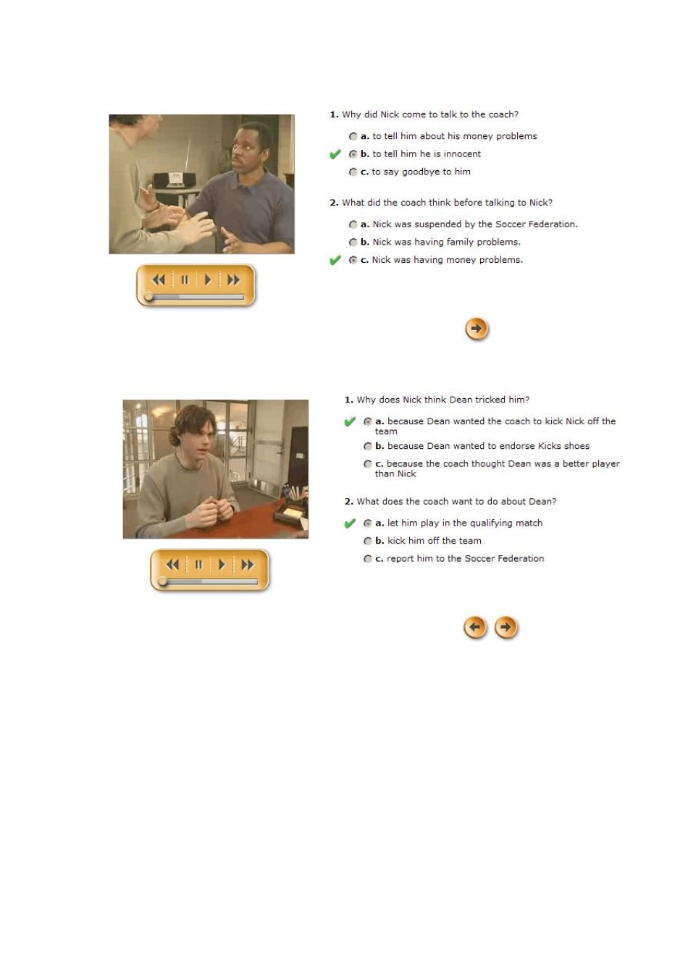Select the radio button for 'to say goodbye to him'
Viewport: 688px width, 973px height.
pos(353,172)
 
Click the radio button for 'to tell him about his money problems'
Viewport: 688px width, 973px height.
pos(353,136)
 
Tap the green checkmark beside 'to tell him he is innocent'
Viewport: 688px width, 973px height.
pos(335,154)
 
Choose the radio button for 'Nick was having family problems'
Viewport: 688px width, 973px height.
pos(353,243)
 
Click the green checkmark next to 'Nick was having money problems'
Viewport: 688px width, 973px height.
pos(335,261)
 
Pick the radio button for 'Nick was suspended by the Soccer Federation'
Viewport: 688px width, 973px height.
pos(353,224)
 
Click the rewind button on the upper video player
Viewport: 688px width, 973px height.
pos(159,280)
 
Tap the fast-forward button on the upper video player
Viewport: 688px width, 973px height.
pos(234,280)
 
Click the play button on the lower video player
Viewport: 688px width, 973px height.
pos(222,565)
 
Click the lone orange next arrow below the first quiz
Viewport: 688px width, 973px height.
pos(477,329)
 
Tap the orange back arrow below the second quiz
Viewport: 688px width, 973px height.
pos(475,627)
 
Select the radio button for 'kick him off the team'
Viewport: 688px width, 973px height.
pos(368,541)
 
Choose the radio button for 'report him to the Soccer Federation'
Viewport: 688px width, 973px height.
pos(368,559)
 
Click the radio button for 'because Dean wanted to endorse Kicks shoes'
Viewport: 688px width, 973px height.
pos(368,447)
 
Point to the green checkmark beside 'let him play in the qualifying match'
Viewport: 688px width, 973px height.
pos(350,523)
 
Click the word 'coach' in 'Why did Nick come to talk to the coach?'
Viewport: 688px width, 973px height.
pos(502,114)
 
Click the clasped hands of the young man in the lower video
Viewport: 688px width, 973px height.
pos(207,510)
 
